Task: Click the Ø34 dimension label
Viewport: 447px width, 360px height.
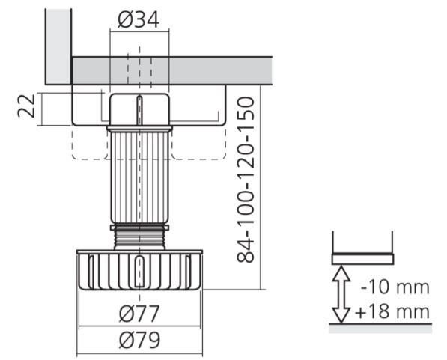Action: tap(139, 20)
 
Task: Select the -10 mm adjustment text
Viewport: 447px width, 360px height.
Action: tap(394, 287)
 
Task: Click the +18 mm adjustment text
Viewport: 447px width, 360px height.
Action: tap(394, 311)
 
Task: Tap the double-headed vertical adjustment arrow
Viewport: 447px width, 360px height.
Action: tap(341, 294)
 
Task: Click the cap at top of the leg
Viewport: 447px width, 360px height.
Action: tap(139, 109)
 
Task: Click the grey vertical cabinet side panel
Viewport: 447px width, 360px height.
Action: tap(58, 45)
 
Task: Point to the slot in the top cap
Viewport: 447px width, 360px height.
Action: tap(139, 111)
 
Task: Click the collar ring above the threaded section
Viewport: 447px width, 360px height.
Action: tap(139, 226)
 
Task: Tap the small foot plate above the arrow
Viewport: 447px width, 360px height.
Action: tap(362, 259)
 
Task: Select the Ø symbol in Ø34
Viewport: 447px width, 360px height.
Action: tap(124, 20)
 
